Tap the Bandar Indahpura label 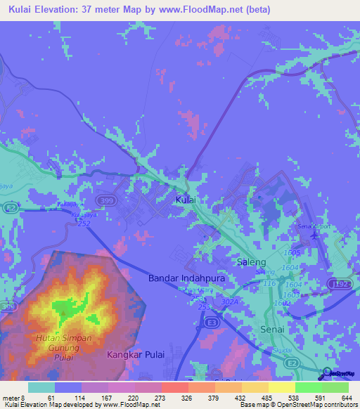[181, 278]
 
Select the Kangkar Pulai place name [135, 356]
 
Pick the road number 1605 [294, 252]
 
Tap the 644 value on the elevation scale [345, 398]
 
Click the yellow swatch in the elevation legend [281, 387]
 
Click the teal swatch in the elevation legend [41, 387]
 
